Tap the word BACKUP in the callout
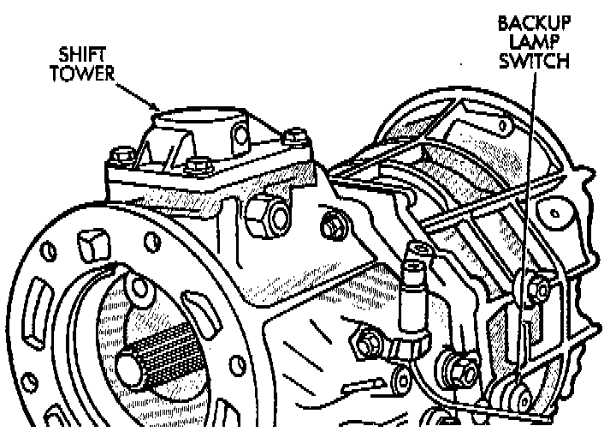[x=534, y=23]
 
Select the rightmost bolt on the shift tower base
[x=295, y=135]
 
